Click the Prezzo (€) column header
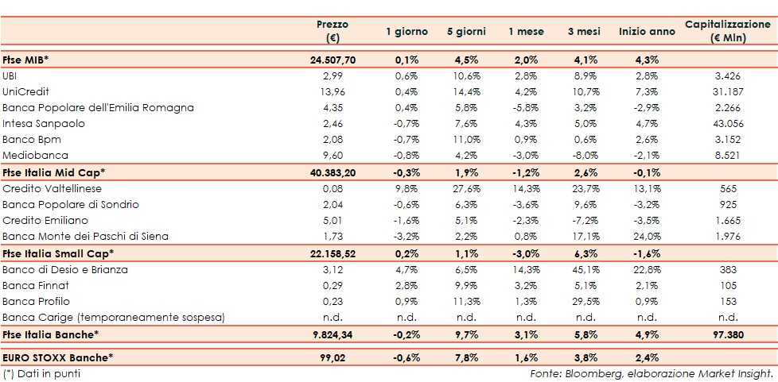[x=332, y=32]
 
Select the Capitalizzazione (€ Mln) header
[x=727, y=32]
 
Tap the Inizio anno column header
[x=645, y=32]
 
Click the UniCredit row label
[x=25, y=91]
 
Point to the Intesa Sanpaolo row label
[x=44, y=123]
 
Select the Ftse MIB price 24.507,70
[x=333, y=59]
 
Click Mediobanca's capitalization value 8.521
[x=727, y=156]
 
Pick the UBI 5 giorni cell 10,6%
[x=464, y=75]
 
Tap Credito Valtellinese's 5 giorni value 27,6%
[x=464, y=189]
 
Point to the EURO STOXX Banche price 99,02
[x=333, y=358]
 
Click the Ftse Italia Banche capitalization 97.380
[x=727, y=334]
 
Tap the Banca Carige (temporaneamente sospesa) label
[x=114, y=318]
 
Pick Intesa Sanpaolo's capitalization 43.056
[x=727, y=123]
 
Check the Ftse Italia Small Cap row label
[x=58, y=253]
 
